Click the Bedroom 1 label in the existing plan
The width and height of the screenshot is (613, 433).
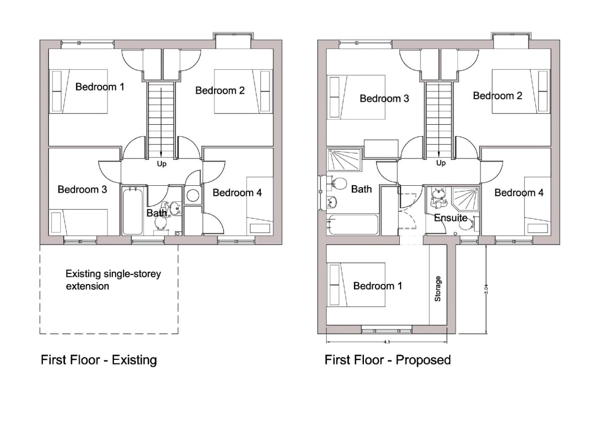(100, 87)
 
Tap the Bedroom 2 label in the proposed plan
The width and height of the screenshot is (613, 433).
(497, 96)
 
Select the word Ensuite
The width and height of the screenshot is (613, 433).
(451, 218)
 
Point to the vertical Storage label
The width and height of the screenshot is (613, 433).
(438, 289)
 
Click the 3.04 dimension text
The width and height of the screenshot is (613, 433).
(486, 289)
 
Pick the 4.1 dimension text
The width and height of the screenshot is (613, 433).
(387, 342)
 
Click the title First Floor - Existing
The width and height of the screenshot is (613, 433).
(99, 360)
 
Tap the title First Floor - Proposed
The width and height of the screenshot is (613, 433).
(387, 360)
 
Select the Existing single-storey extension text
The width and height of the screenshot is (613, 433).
(113, 280)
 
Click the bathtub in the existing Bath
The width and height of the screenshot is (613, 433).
(132, 211)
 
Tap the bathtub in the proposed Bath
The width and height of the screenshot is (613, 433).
(353, 224)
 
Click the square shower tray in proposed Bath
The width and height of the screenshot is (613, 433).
(344, 160)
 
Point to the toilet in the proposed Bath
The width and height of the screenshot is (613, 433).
(338, 184)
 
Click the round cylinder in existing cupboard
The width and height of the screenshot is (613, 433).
(193, 195)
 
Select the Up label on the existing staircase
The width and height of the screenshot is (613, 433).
(162, 164)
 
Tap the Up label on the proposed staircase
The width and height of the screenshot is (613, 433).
(441, 163)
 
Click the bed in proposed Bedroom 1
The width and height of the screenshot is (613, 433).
(356, 285)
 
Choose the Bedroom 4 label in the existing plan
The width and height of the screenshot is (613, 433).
(237, 192)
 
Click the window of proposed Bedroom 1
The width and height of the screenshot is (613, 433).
(387, 331)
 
